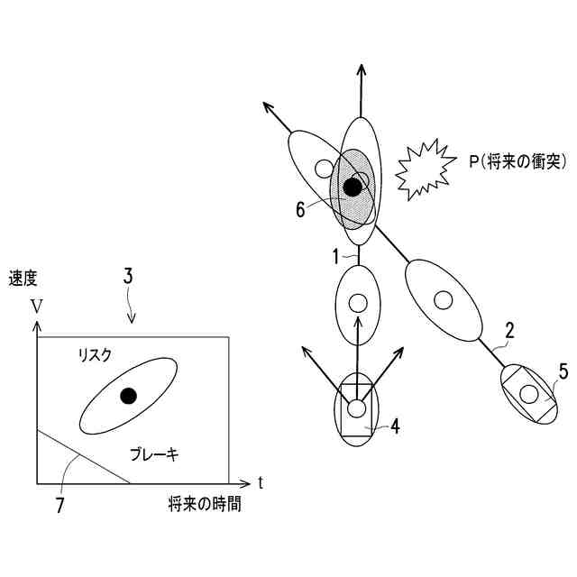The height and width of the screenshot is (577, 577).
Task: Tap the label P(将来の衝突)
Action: point(517,161)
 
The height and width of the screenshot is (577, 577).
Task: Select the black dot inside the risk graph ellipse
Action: point(129,395)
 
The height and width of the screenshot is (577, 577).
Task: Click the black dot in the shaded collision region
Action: point(353,187)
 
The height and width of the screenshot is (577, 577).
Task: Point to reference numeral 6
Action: point(300,209)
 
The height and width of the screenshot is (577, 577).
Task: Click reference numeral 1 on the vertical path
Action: point(335,256)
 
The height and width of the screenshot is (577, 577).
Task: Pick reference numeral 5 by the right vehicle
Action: point(563,370)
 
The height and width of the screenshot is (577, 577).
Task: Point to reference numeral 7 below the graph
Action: point(60,506)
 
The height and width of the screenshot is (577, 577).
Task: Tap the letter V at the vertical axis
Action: point(35,306)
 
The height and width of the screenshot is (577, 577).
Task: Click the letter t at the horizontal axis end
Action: point(260,482)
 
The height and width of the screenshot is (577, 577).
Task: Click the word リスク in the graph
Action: point(94,356)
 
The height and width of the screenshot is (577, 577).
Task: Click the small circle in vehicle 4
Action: point(357,408)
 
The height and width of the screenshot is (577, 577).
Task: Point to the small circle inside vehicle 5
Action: point(529,393)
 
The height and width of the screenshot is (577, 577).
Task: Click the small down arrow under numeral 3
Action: point(133,315)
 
